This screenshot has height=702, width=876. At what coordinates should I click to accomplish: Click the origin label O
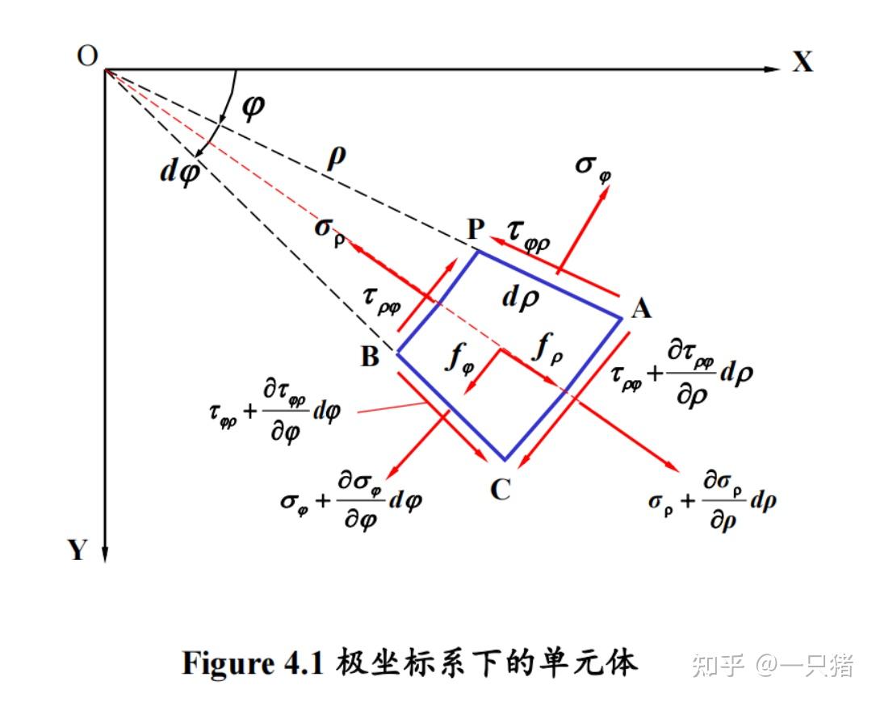tap(87, 56)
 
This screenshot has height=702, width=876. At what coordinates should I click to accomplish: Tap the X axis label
tap(802, 62)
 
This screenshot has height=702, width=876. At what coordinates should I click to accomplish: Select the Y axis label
tap(77, 550)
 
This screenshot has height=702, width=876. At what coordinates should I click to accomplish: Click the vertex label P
tap(475, 231)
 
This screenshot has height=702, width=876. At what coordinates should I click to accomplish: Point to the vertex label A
tap(641, 308)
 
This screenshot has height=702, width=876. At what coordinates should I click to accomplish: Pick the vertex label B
tap(370, 357)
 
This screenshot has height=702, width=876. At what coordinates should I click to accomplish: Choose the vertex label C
tap(501, 489)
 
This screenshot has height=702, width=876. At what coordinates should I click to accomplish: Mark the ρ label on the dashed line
tap(336, 157)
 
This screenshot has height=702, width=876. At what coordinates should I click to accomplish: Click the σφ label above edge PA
tap(593, 166)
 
